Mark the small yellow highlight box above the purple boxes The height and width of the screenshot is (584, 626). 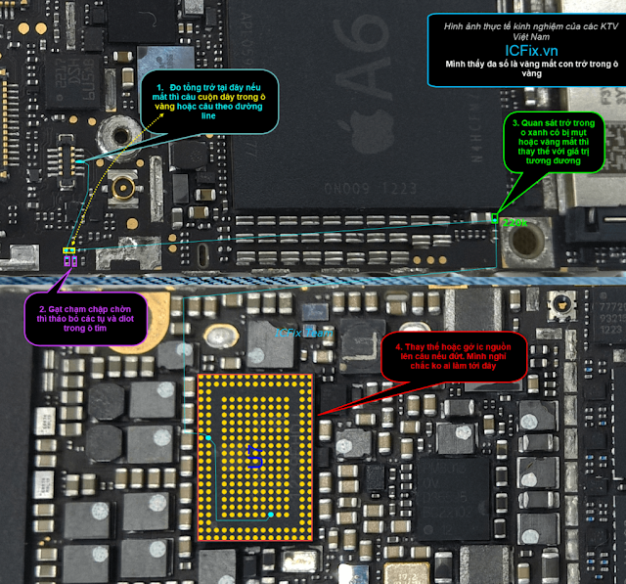click(68, 252)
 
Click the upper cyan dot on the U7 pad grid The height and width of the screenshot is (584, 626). click(208, 436)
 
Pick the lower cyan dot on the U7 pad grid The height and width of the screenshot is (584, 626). click(269, 515)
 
